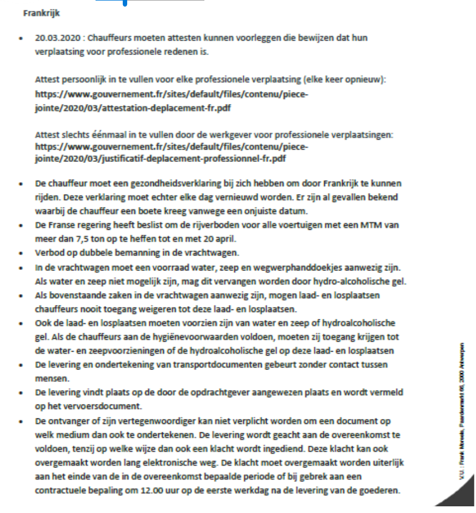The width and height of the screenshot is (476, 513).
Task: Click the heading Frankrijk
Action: pos(42,12)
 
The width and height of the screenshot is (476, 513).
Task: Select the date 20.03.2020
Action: pos(56,38)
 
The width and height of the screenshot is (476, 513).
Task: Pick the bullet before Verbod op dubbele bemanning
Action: pos(21,253)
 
